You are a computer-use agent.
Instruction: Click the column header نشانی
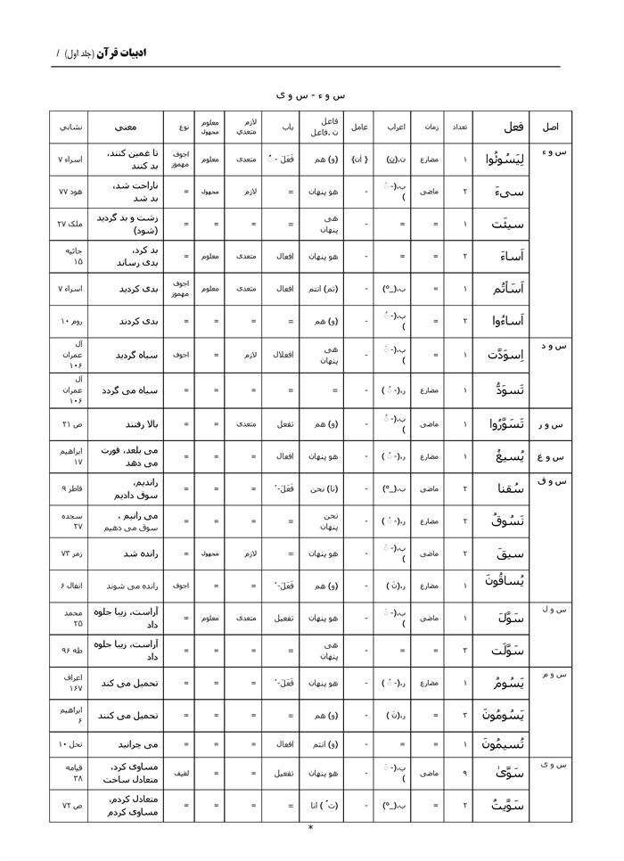click(70, 127)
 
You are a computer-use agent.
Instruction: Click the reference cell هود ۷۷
click(70, 192)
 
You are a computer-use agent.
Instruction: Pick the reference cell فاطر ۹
click(70, 488)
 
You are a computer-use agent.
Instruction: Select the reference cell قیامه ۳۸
click(70, 772)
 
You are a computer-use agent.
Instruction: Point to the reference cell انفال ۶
click(70, 586)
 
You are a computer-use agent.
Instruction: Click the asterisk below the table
click(310, 828)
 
